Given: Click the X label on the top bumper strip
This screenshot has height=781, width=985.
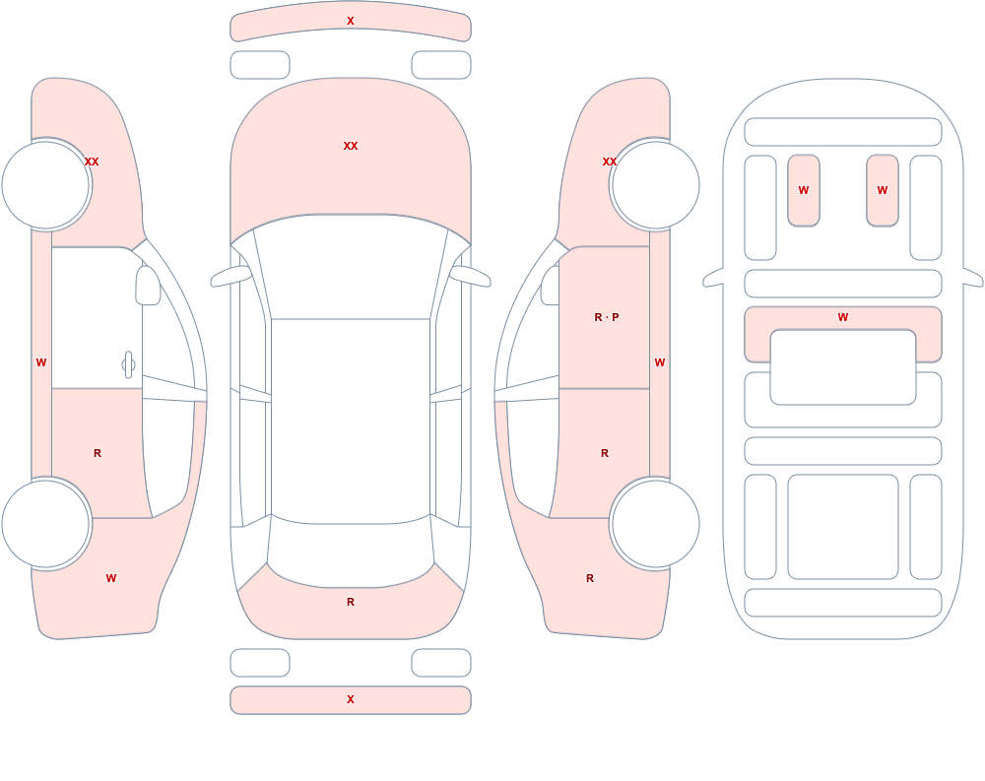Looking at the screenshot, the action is click(351, 21).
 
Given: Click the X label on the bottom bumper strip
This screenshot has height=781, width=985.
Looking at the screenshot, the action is click(351, 699).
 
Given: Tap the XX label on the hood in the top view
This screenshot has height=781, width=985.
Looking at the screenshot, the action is click(351, 146).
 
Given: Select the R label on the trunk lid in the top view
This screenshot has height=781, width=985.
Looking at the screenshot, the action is click(351, 602).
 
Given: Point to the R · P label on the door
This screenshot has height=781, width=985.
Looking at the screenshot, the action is click(606, 317).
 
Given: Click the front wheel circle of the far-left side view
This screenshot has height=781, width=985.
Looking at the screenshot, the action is click(46, 185).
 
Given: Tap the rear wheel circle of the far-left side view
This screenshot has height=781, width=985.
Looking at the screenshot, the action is click(46, 523).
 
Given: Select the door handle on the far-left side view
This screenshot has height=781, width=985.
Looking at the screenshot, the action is click(128, 365).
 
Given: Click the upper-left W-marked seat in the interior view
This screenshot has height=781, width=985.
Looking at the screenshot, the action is click(804, 190).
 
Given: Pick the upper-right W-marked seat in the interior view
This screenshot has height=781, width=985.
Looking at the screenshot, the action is click(883, 190).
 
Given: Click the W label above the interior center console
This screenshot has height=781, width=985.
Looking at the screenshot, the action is click(843, 317).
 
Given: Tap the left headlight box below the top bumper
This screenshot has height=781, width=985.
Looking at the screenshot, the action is click(260, 65).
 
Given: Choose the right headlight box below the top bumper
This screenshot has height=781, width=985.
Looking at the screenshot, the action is click(441, 65).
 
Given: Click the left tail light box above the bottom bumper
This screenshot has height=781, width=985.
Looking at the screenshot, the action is click(260, 663).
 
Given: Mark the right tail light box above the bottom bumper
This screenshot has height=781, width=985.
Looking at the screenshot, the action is click(441, 663).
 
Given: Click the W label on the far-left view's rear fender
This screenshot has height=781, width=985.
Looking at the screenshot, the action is click(111, 578).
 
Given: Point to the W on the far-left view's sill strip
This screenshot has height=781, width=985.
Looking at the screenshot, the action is click(41, 362).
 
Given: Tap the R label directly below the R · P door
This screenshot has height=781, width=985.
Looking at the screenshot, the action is click(605, 453).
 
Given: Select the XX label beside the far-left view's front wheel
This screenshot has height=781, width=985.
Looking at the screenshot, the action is click(92, 162).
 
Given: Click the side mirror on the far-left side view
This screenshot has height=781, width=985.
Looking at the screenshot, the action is click(148, 286).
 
